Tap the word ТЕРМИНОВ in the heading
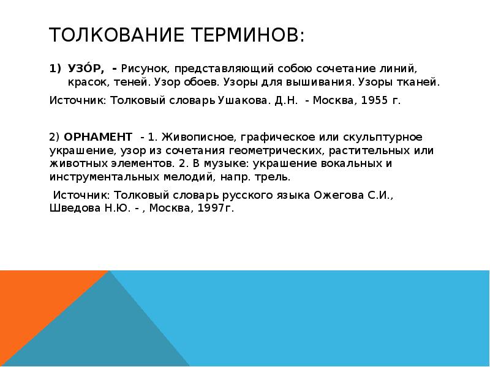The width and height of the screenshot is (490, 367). tap(249, 35)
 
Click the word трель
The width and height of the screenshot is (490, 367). tap(274, 177)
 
